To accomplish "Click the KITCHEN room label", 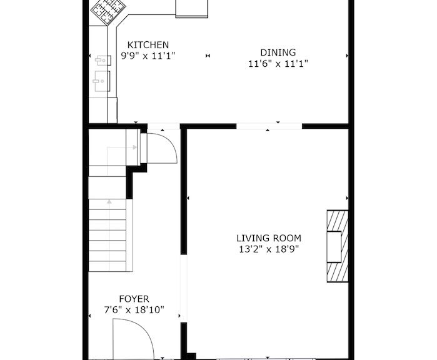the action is (148, 45).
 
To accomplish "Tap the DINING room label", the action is (278, 52).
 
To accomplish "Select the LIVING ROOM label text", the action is (269, 238).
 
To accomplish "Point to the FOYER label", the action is (134, 299).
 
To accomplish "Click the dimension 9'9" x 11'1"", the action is (148, 56).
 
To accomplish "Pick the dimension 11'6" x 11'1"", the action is (278, 64).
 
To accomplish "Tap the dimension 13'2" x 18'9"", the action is (269, 249).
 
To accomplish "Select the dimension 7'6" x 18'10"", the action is (134, 309).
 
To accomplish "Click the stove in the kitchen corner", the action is (108, 11).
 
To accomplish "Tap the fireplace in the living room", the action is (338, 246).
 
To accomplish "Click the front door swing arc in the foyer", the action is (145, 331).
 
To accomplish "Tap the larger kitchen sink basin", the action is (102, 81).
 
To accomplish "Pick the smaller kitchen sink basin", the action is (103, 60).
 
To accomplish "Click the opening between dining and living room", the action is (269, 126).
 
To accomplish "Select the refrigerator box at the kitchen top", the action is (192, 9).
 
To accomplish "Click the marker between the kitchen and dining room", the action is (208, 56).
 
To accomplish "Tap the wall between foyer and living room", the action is (184, 189).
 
